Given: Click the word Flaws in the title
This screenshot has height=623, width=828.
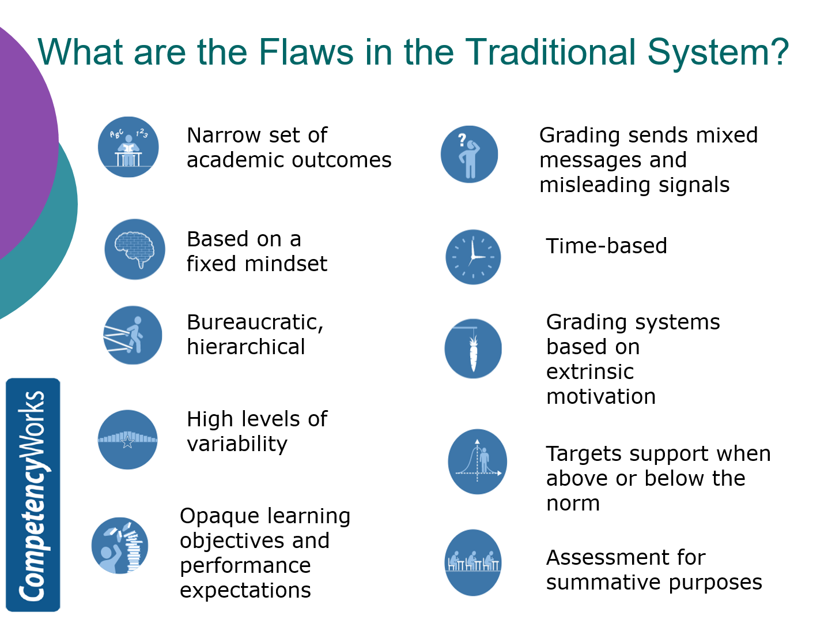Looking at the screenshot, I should click(306, 52).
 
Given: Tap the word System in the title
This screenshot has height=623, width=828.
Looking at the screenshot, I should click(717, 52).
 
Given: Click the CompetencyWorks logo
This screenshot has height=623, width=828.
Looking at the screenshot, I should click(33, 494).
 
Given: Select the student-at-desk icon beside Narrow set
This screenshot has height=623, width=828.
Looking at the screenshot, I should click(128, 147).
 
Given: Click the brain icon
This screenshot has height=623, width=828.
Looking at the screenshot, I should click(135, 249).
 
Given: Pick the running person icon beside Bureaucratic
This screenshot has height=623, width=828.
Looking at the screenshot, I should click(133, 335).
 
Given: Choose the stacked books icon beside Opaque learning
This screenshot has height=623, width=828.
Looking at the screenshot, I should click(120, 545).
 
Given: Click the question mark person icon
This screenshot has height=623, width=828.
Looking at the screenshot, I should click(469, 154).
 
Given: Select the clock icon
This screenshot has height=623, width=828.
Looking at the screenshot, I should click(473, 257).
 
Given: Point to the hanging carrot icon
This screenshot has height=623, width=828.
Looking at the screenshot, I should click(473, 348).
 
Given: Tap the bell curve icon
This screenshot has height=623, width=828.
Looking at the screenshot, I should click(477, 461).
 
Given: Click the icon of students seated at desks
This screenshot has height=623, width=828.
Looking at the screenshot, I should click(473, 562).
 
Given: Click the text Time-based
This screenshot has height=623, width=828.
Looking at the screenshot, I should click(606, 246).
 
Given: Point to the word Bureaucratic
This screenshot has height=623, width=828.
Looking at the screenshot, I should click(255, 322).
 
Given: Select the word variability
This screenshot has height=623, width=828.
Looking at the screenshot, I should click(237, 444).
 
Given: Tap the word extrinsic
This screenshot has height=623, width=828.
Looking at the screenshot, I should click(590, 372).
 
